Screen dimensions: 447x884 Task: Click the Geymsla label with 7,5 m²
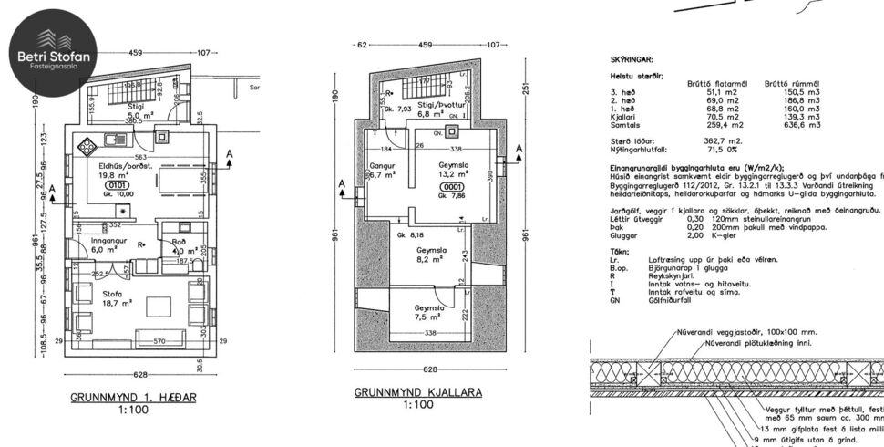coord(428,313)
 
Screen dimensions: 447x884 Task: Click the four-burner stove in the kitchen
coord(90,146)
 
